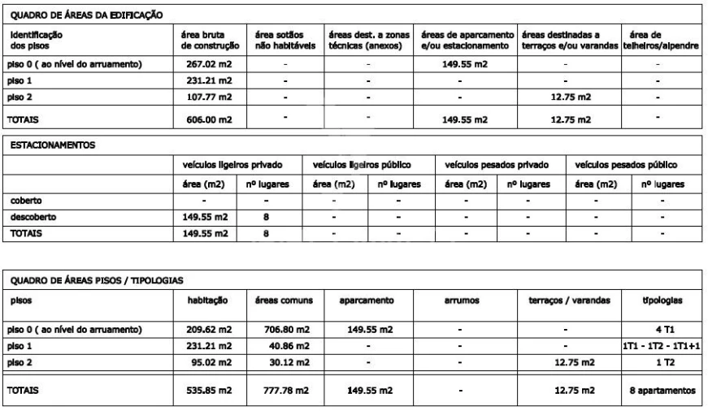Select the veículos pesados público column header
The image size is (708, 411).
626,165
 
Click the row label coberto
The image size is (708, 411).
25,200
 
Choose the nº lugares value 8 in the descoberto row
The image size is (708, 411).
265,217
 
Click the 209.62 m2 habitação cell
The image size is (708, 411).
213,329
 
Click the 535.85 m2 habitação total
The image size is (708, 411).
213,391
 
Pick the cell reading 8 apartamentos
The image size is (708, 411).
662,391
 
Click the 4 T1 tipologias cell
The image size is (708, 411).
662,329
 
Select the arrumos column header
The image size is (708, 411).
460,301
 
